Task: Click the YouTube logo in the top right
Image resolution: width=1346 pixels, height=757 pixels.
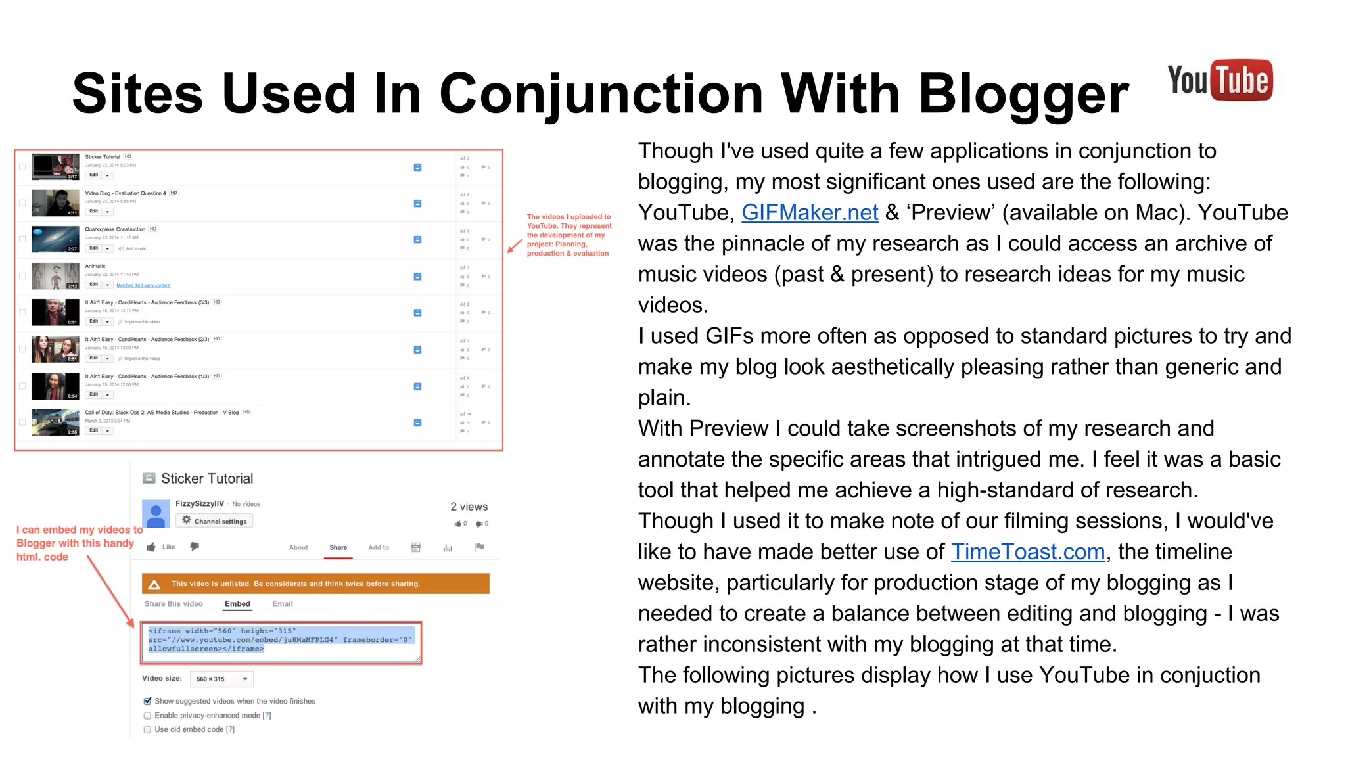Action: coord(1220,81)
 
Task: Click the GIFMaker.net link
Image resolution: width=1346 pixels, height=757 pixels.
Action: coord(810,213)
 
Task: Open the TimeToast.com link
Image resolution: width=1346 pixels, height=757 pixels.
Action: coord(1027,552)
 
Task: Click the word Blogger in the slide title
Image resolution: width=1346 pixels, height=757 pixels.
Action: coord(1023,94)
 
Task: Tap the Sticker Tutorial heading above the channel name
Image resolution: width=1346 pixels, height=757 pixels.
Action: coord(206,479)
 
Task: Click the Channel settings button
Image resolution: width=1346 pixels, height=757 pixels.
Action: coord(214,521)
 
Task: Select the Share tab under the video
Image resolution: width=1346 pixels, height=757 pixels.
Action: coord(338,547)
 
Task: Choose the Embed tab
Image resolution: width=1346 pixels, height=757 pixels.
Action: coord(237,604)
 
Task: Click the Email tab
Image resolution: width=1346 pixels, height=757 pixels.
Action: coord(283,604)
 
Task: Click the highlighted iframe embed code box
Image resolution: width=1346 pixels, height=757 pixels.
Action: coord(281,641)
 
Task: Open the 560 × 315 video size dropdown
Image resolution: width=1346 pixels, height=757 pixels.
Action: coord(221,679)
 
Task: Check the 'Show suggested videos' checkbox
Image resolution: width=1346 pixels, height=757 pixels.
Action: coord(147,701)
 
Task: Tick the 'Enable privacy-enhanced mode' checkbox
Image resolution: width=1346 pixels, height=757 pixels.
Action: coord(147,716)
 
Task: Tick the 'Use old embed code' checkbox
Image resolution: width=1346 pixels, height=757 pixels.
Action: coord(147,729)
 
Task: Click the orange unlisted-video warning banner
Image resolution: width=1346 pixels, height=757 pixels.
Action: coord(315,584)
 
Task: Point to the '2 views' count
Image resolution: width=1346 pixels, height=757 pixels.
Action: coord(469,507)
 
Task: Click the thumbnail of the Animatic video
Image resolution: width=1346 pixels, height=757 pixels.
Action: coord(55,277)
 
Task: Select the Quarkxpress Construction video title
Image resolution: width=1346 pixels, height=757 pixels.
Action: coord(115,229)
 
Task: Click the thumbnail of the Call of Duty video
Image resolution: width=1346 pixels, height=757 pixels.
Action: coord(55,423)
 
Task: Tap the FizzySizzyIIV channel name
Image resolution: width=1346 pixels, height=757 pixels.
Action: coord(199,504)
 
